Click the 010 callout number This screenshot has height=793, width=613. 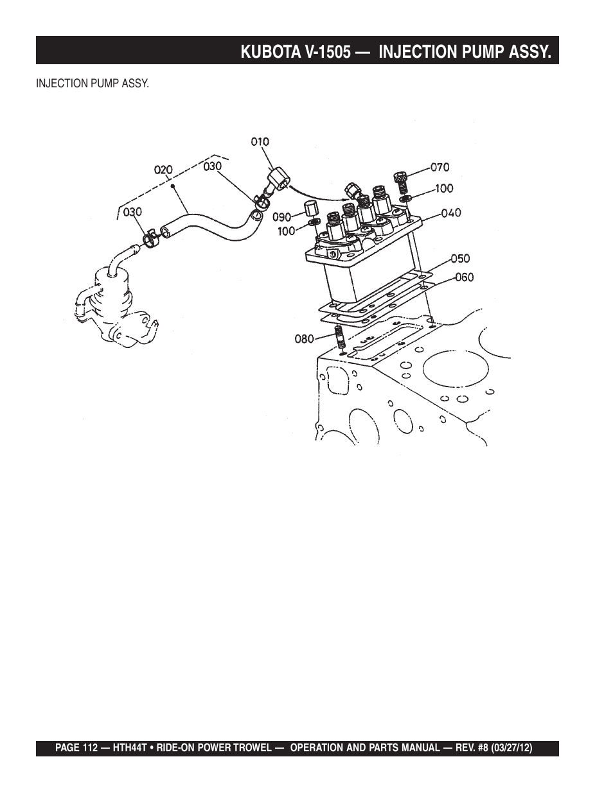260,141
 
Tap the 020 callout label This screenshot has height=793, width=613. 163,170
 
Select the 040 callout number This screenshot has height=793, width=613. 451,213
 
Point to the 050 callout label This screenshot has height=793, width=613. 459,259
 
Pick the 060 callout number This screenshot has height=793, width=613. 464,277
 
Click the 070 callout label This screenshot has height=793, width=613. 440,168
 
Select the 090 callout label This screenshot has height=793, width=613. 282,216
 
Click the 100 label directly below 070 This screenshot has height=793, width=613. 443,188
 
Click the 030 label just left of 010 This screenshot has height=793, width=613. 212,166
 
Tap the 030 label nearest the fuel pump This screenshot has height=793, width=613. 133,211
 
